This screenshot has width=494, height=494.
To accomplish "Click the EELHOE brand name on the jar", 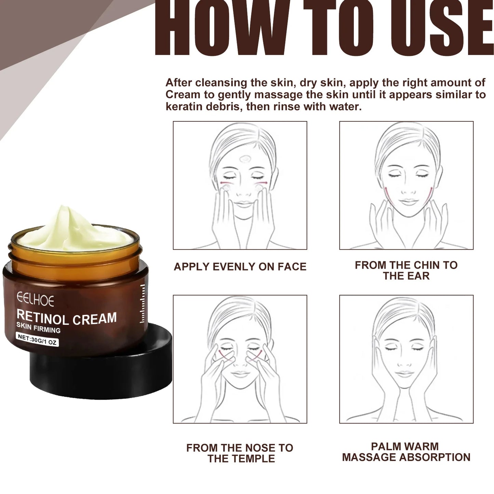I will point(35,300).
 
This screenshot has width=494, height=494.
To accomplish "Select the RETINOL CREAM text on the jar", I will point(67,318).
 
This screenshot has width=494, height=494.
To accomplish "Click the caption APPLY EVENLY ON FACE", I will point(240,267).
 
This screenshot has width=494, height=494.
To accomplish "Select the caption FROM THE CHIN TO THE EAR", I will point(406,270).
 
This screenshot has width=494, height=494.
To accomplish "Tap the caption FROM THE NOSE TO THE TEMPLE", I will point(240,453).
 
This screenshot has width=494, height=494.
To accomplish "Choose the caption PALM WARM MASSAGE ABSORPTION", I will point(406,452).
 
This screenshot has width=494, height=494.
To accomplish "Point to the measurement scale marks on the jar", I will point(142,304).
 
